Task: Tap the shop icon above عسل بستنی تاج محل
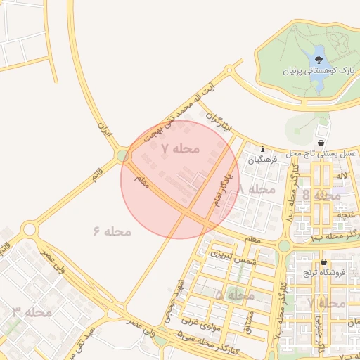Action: coord(321,143)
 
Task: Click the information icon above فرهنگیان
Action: coord(262,149)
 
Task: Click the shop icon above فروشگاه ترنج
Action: coord(323,263)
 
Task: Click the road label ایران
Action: coord(105,130)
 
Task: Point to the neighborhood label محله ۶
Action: coord(112,231)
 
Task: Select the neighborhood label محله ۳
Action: coord(32,311)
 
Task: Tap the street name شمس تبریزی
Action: coord(231,256)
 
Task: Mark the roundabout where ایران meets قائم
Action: coord(123,155)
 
